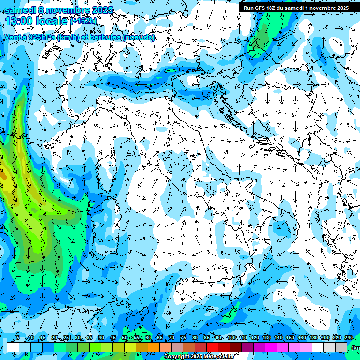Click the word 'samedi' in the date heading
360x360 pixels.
click(20, 9)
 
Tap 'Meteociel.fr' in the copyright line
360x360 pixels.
click(222, 357)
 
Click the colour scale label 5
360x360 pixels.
click(17, 338)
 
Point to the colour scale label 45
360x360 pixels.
click(113, 338)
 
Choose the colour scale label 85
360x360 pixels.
click(207, 338)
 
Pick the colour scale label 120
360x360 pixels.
click(255, 338)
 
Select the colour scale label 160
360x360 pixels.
click(301, 338)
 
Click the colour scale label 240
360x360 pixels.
click(348, 338)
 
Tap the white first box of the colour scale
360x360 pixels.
click(13, 347)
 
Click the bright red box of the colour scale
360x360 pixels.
click(212, 347)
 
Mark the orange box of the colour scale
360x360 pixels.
click(142, 347)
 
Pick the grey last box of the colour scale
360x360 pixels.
click(341, 347)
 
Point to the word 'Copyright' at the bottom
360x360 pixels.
click(177, 357)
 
